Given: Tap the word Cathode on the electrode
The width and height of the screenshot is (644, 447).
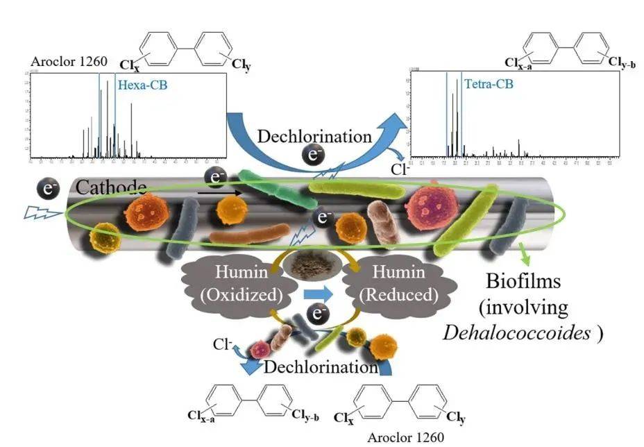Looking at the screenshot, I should point(111,187).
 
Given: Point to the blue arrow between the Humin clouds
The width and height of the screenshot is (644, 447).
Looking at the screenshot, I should point(319,285).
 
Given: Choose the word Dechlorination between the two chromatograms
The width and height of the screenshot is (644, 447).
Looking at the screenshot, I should point(314,135).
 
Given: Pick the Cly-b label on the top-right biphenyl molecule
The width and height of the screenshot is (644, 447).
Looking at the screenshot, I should point(622,63).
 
